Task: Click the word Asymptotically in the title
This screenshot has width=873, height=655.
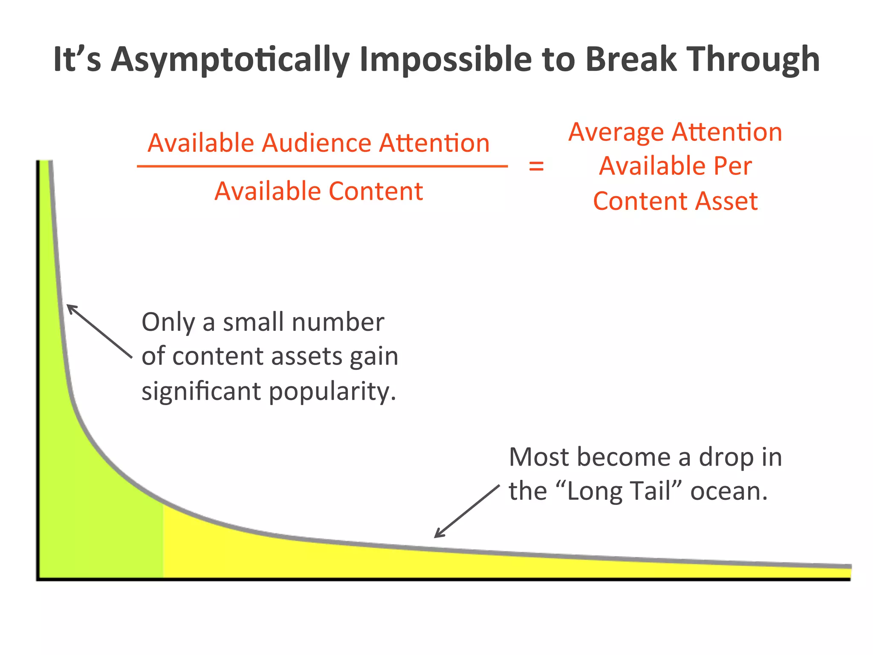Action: (x=230, y=60)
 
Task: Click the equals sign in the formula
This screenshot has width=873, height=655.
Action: (x=536, y=166)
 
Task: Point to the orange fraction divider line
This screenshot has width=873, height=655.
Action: (x=322, y=166)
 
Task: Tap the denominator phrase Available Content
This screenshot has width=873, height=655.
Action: (x=318, y=191)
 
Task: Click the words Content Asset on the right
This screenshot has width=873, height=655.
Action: (x=675, y=201)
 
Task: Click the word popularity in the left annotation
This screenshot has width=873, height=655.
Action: (x=332, y=391)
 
